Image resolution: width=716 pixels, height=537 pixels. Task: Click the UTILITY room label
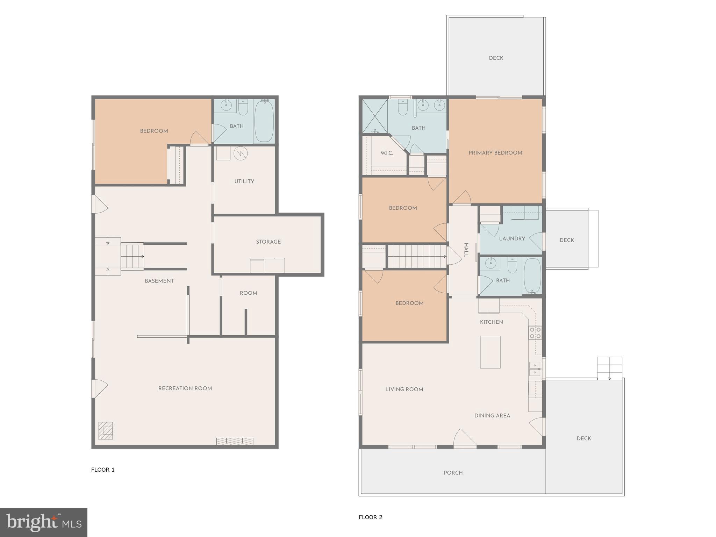click(244, 181)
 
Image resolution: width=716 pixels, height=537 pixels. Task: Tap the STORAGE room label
click(268, 242)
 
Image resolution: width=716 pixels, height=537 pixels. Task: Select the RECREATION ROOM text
click(185, 388)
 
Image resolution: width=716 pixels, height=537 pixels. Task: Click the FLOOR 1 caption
click(103, 470)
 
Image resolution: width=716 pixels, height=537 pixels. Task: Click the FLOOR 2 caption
click(370, 517)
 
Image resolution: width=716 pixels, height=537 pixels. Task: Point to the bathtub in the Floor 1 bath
click(264, 121)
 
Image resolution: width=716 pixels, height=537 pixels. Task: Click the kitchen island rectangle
click(490, 352)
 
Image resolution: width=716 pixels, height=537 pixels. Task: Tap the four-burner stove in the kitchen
click(535, 332)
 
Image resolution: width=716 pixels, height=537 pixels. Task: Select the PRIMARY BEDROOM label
click(495, 153)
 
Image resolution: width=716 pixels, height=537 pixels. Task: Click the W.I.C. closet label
click(386, 153)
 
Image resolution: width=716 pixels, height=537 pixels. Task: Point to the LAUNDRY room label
click(512, 238)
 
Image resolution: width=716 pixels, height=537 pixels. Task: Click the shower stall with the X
click(375, 116)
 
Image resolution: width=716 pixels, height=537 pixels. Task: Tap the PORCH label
click(453, 473)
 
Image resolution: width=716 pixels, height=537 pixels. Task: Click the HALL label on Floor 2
click(466, 250)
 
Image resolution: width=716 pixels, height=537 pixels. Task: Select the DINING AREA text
click(492, 415)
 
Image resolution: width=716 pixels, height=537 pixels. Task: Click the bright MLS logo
click(43, 523)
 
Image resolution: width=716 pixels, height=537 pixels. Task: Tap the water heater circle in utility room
click(241, 153)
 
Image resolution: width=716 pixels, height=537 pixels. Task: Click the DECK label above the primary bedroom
click(496, 58)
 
